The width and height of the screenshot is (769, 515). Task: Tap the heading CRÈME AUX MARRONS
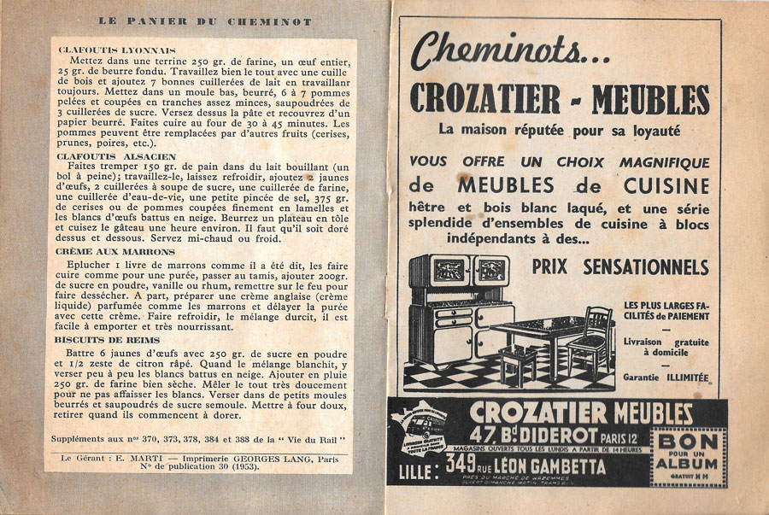[115, 252]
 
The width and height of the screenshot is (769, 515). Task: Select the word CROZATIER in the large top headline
[484, 99]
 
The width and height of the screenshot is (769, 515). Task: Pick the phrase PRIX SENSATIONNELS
[619, 266]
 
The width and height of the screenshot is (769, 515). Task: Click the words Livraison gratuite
[666, 342]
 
